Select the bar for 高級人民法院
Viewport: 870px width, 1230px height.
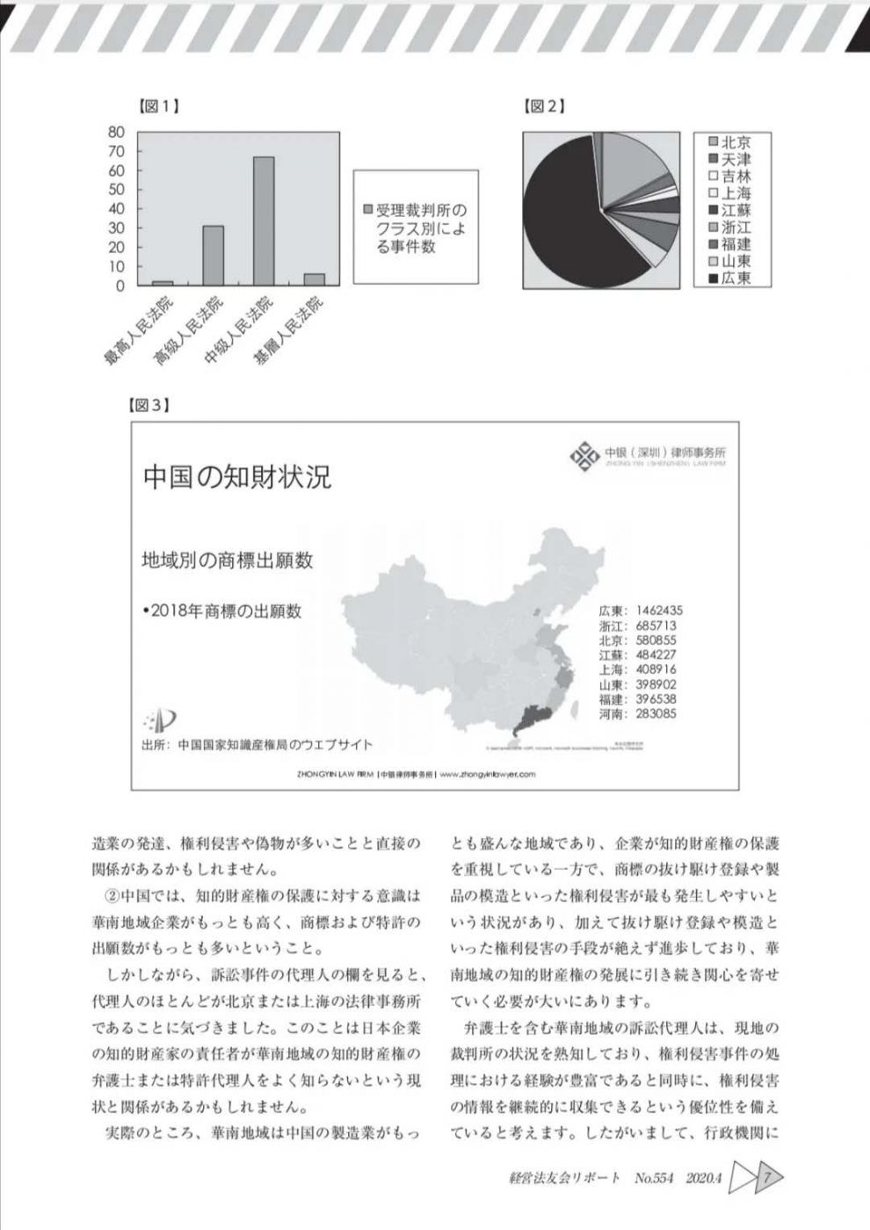[213, 256]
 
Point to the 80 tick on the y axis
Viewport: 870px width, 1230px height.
[117, 132]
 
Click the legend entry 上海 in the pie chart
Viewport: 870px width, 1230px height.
[729, 193]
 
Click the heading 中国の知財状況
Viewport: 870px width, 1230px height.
[237, 477]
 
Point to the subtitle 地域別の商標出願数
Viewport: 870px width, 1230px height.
[228, 560]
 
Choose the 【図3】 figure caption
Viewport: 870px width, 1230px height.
[149, 406]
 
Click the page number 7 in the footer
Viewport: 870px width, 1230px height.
[767, 1176]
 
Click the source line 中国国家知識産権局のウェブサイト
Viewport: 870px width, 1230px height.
[272, 745]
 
